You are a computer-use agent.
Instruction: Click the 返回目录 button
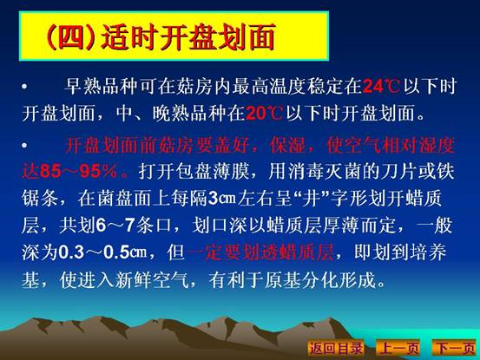[336, 348]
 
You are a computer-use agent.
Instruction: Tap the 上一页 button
[398, 348]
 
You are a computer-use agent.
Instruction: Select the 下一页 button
[455, 348]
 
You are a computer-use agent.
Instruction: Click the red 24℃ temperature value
[381, 86]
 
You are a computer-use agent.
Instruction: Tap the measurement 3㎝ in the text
[222, 198]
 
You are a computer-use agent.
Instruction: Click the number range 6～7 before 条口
[115, 226]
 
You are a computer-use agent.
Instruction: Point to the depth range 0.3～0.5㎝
[102, 252]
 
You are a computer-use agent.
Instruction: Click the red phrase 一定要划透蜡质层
[260, 252]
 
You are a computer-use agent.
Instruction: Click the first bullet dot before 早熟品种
[25, 87]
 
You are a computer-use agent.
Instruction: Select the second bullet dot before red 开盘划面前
[25, 145]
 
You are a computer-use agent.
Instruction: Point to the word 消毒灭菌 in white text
[323, 172]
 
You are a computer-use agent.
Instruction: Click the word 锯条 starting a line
[40, 198]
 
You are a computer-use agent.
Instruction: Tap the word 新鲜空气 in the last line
[152, 279]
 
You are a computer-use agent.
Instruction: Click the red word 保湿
[288, 145]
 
